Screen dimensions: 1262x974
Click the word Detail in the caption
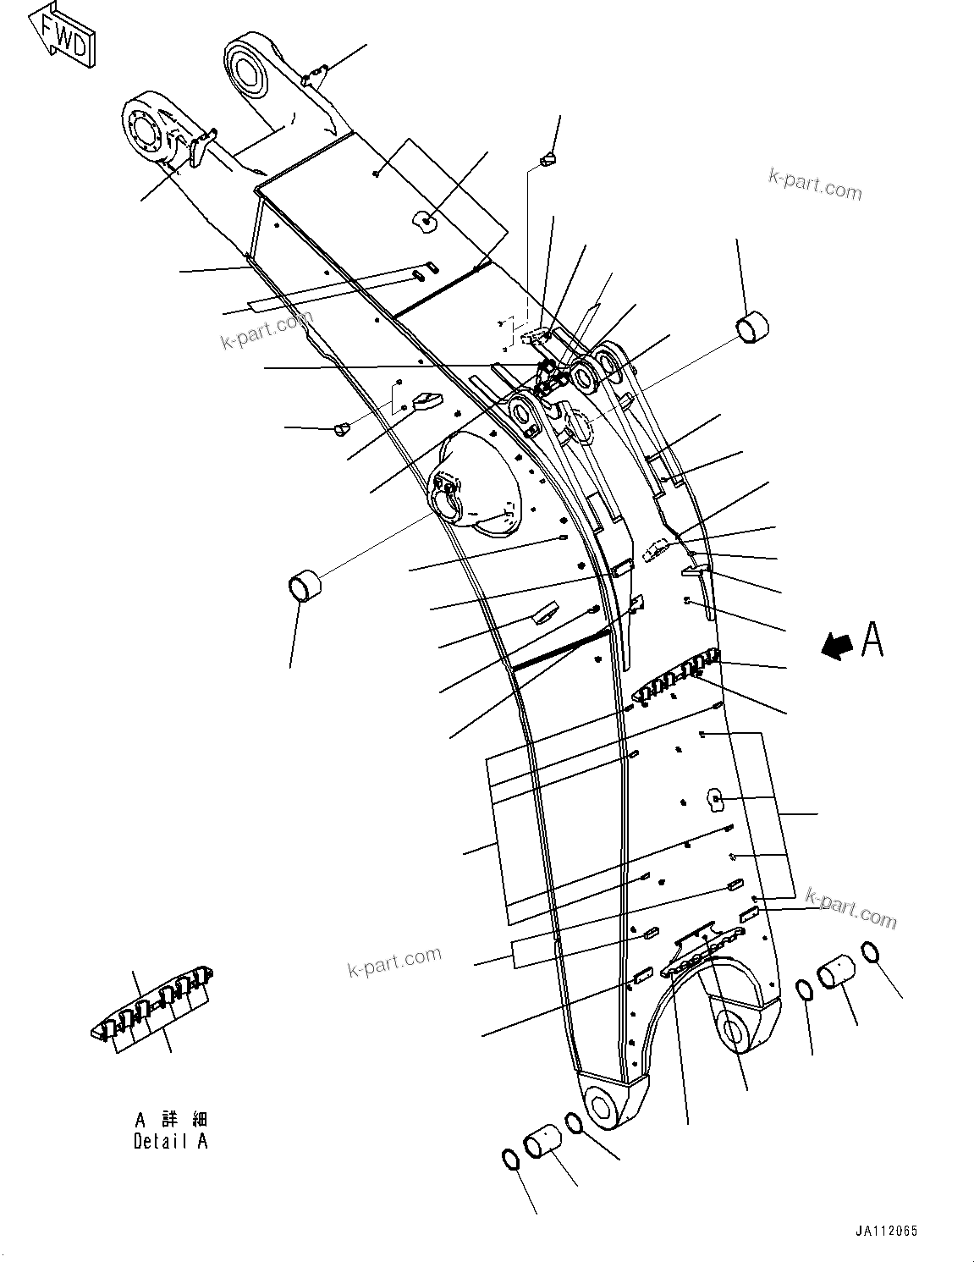(x=161, y=1140)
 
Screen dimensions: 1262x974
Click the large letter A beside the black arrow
(x=872, y=639)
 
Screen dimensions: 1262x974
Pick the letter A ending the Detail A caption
(x=201, y=1140)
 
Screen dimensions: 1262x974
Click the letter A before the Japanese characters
(x=141, y=1119)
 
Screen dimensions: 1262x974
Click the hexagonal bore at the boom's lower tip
(x=603, y=1106)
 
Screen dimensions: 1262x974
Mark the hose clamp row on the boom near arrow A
(x=674, y=676)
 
